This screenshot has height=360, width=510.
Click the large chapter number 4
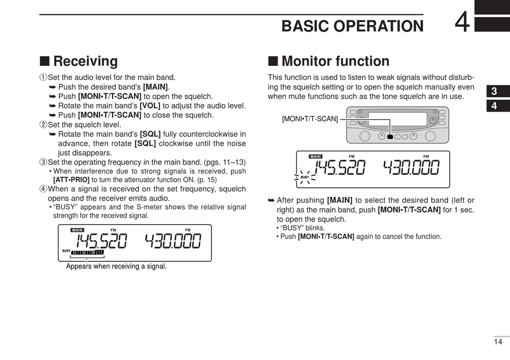click(x=462, y=23)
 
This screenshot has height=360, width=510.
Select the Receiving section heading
click(x=85, y=61)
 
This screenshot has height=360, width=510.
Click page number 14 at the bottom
click(x=498, y=341)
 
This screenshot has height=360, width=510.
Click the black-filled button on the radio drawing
click(x=390, y=136)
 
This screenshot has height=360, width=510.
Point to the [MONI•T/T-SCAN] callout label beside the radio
click(x=310, y=119)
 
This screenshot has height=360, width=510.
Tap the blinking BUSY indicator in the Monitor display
click(x=304, y=177)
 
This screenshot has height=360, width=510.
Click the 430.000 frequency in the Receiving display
click(x=173, y=241)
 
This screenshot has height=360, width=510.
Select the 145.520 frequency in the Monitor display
click(x=339, y=168)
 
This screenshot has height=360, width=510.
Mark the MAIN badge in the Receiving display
click(x=77, y=230)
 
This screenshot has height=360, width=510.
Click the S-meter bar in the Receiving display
click(x=86, y=253)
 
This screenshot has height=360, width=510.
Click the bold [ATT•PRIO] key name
click(x=71, y=180)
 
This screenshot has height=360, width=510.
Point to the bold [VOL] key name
click(x=150, y=106)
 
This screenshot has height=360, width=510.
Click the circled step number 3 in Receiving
click(x=43, y=162)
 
